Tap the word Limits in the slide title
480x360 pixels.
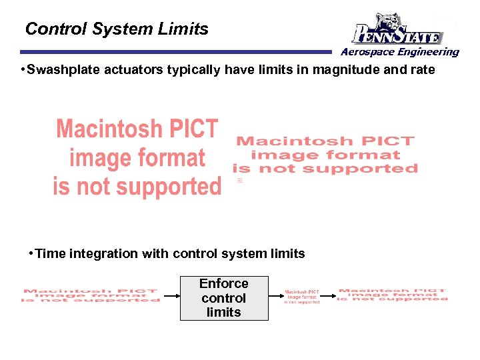[x=184, y=29]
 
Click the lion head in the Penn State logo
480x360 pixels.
[x=391, y=21]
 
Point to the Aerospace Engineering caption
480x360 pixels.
[x=400, y=52]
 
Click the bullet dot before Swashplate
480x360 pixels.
[x=23, y=70]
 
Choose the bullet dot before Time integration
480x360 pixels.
[x=31, y=254]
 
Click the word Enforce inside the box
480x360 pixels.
[x=224, y=284]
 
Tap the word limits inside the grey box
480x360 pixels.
[x=224, y=312]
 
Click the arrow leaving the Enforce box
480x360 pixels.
[x=275, y=297]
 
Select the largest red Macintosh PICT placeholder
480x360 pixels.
[x=137, y=158]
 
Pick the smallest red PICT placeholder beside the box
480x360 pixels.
[x=302, y=297]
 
